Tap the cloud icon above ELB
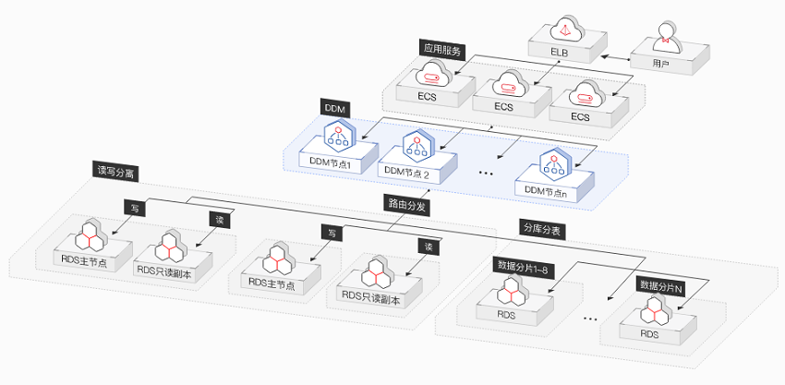[x=567, y=30]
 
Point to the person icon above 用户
[x=667, y=38]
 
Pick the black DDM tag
[x=334, y=108]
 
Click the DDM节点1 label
[x=331, y=162]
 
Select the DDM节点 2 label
[x=407, y=170]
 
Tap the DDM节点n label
[x=546, y=190]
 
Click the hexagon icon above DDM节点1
[x=339, y=135]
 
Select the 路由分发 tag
[x=406, y=205]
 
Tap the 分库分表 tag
[x=543, y=230]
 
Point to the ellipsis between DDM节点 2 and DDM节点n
[x=486, y=174]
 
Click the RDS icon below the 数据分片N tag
[x=656, y=310]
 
